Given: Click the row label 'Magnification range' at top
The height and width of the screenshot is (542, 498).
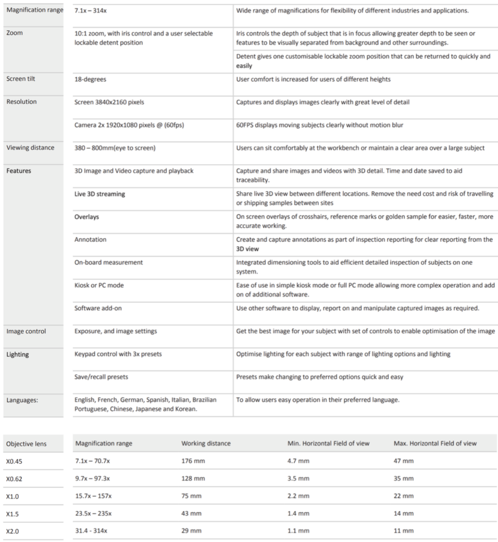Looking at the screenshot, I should (x=34, y=11).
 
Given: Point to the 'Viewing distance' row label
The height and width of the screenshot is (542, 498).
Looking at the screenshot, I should (x=31, y=147).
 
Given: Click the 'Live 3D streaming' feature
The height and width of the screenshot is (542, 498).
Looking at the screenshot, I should (x=100, y=194).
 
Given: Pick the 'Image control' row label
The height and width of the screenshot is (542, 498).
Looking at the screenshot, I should (x=26, y=331).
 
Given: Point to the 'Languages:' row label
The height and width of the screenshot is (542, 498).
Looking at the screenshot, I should (x=22, y=400).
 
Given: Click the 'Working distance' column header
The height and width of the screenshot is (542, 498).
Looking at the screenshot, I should (x=206, y=443).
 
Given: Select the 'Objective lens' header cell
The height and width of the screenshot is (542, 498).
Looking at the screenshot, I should (x=26, y=444).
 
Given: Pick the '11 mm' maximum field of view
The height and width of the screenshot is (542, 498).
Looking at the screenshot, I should (x=403, y=531).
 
